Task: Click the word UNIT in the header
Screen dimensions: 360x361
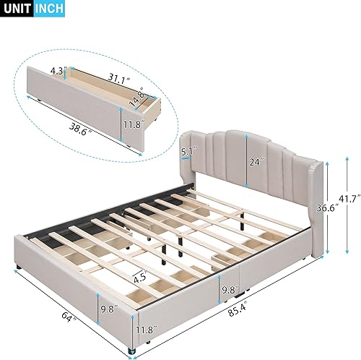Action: (x=17, y=10)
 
